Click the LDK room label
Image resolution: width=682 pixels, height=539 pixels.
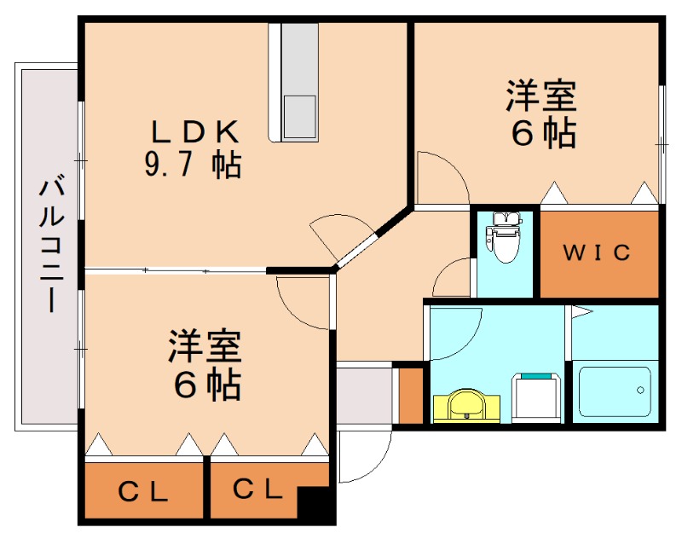pos(194,131)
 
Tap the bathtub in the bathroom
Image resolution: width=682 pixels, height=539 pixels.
pos(615,391)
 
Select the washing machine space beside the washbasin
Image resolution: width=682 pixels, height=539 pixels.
pos(536,398)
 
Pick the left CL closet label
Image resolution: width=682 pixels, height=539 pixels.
pos(143,491)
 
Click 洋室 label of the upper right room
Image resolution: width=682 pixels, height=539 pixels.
pos(541,96)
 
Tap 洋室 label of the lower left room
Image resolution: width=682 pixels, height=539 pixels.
pos(205,347)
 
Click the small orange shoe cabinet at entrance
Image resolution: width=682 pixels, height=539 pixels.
pos(411,393)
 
